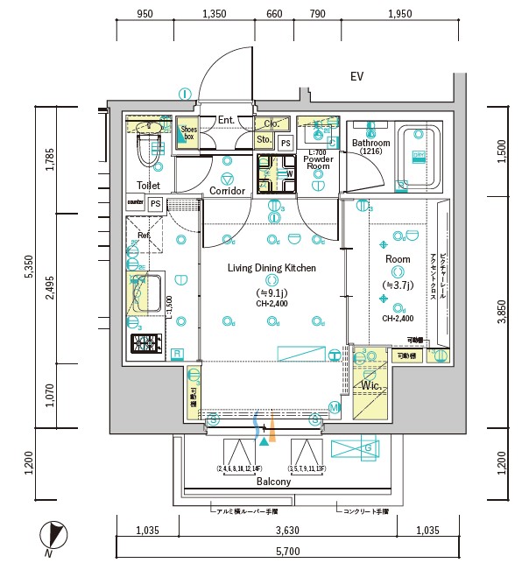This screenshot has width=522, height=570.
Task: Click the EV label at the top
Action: tap(356, 77)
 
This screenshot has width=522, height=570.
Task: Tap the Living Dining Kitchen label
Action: tap(272, 268)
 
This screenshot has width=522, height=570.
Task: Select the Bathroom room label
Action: tap(370, 143)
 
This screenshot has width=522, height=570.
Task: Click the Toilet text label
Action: tap(148, 186)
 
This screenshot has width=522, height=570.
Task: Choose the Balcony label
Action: tap(273, 482)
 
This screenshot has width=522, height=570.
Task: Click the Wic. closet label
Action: tap(370, 385)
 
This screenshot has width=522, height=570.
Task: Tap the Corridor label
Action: tap(227, 190)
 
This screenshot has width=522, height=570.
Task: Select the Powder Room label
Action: tap(318, 161)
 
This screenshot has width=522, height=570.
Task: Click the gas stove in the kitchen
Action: tap(145, 343)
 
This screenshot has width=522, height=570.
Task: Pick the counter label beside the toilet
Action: tap(135, 202)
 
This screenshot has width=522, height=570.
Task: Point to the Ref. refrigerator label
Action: tap(142, 235)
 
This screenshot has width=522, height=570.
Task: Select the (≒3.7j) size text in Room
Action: tap(399, 285)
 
